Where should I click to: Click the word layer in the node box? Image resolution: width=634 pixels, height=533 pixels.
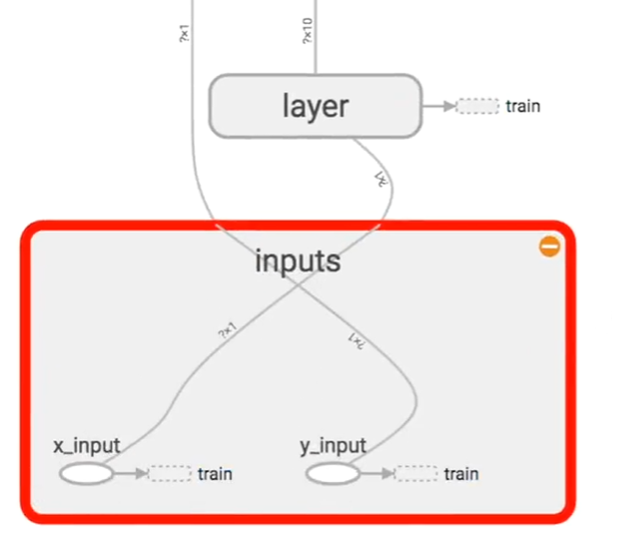(x=315, y=105)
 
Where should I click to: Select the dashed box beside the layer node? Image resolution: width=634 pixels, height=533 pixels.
(x=477, y=106)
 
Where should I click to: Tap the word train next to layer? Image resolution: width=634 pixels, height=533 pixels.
(x=523, y=106)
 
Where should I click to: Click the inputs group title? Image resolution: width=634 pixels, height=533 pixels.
(x=298, y=263)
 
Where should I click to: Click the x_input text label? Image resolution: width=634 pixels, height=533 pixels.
(x=87, y=445)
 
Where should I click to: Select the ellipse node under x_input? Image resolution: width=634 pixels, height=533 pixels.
(x=87, y=473)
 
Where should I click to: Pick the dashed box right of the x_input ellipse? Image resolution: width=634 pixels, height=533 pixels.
(x=170, y=473)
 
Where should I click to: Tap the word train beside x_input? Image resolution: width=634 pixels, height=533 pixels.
(x=215, y=473)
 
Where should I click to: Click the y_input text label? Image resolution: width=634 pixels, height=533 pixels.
(x=332, y=445)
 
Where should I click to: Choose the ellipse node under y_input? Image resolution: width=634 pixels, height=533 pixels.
(x=332, y=473)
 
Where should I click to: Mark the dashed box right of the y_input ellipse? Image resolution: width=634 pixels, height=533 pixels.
(x=416, y=473)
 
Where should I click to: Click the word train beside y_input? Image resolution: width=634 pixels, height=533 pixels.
(x=461, y=473)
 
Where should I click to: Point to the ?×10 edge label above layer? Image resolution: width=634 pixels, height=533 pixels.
(x=307, y=32)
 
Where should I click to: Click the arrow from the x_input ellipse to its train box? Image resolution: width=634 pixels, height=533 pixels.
(x=131, y=473)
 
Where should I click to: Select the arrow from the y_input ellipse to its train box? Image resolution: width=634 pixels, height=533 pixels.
(x=377, y=473)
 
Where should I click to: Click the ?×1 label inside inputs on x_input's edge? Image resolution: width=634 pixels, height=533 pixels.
(x=227, y=331)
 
